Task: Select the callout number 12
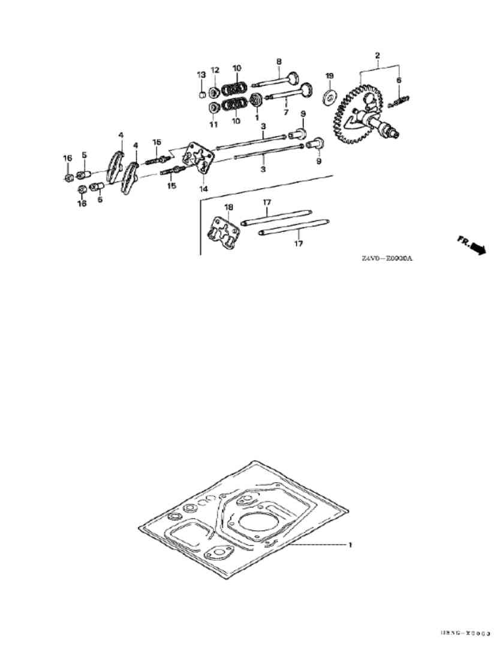click(215, 70)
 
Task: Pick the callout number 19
click(329, 75)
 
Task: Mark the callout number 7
click(286, 112)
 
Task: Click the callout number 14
click(204, 188)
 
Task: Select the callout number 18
click(228, 207)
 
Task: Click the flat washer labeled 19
click(329, 96)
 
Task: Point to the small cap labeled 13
click(203, 94)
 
